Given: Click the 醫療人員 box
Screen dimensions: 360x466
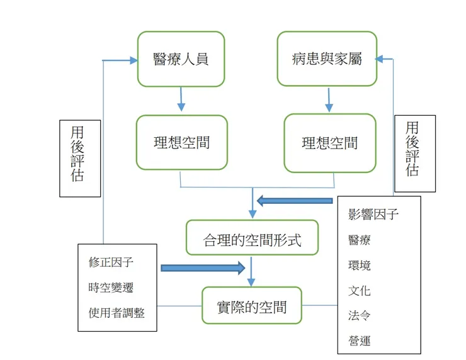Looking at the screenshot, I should [x=181, y=59].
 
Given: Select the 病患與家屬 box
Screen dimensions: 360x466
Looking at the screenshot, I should [x=327, y=59].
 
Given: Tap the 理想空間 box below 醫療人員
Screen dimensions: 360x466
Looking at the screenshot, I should [x=181, y=142].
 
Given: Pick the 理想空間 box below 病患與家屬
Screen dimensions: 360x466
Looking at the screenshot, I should [x=329, y=143].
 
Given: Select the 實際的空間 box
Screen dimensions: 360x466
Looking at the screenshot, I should [x=251, y=306].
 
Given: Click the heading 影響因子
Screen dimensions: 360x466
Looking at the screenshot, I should [x=373, y=214].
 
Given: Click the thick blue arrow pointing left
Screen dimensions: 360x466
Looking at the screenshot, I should [x=295, y=201].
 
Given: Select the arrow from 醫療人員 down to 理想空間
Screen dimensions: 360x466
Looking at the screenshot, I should [x=181, y=99].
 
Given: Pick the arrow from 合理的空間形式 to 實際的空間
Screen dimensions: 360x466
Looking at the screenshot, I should [x=251, y=271].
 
